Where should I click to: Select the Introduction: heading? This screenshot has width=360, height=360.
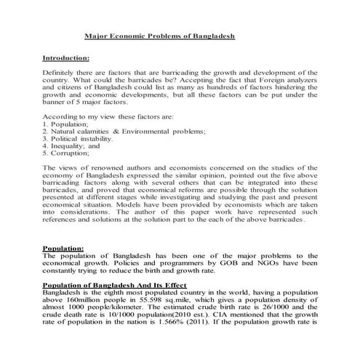pos(66,57)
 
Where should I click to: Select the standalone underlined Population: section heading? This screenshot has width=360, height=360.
pos(64,247)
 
